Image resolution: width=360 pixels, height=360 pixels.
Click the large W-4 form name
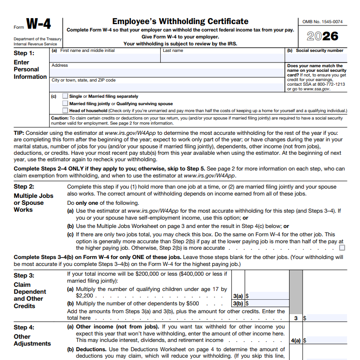[x=38, y=24]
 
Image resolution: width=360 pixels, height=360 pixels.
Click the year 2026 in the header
[x=322, y=36]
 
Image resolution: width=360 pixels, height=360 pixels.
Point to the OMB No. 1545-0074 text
[x=322, y=22]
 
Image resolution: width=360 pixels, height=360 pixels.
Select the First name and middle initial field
[x=105, y=57]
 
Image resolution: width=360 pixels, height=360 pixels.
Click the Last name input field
[x=222, y=57]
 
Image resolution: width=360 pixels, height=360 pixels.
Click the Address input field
[x=167, y=72]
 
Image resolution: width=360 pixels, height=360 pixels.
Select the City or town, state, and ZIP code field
[x=167, y=87]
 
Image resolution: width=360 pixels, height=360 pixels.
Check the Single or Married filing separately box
[x=65, y=96]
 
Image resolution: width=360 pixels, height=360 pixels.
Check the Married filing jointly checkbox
[x=65, y=104]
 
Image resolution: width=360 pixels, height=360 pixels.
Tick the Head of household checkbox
[x=65, y=111]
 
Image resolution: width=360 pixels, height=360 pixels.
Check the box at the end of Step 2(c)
[x=342, y=247]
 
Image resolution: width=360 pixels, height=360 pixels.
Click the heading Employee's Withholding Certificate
[x=180, y=21]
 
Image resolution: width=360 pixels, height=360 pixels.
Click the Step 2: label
[x=24, y=187]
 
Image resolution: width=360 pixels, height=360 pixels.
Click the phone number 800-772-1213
[x=331, y=84]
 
